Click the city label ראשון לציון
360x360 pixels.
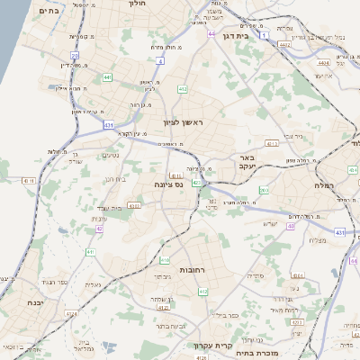(x=184, y=121)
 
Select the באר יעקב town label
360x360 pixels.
(x=249, y=162)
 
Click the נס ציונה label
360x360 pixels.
(x=166, y=184)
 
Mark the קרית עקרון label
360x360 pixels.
(x=213, y=344)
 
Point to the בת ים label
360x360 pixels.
(x=49, y=11)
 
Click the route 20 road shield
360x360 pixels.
(x=76, y=56)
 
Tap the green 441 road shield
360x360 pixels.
(x=108, y=78)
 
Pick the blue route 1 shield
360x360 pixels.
(x=262, y=36)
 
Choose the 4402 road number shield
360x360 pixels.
(x=285, y=42)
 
